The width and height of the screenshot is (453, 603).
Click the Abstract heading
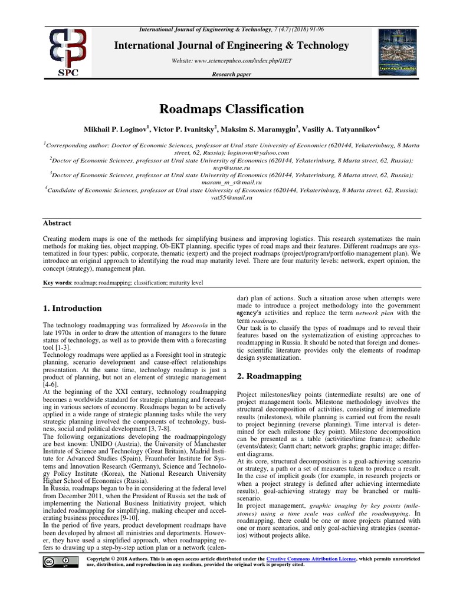point(57,223)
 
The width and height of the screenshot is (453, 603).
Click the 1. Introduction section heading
point(73,308)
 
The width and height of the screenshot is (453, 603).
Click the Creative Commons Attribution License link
point(311,558)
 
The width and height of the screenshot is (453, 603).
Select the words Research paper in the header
point(231,74)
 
